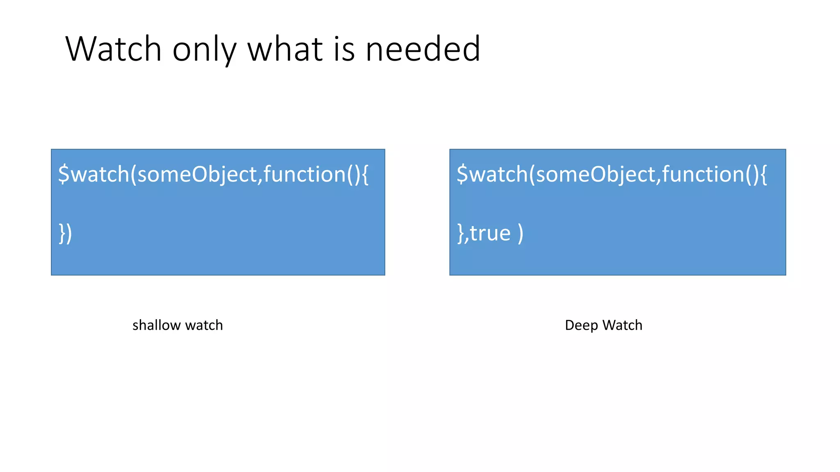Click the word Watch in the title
[114, 49]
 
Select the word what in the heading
[285, 49]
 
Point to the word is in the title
[344, 49]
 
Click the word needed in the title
[422, 49]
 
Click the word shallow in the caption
[157, 325]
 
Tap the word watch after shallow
[204, 325]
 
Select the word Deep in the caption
[581, 325]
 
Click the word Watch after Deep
[622, 325]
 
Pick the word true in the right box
[490, 233]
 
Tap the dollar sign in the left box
[64, 174]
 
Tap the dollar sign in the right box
[462, 174]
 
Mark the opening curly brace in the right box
[763, 174]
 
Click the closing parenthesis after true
[520, 234]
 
